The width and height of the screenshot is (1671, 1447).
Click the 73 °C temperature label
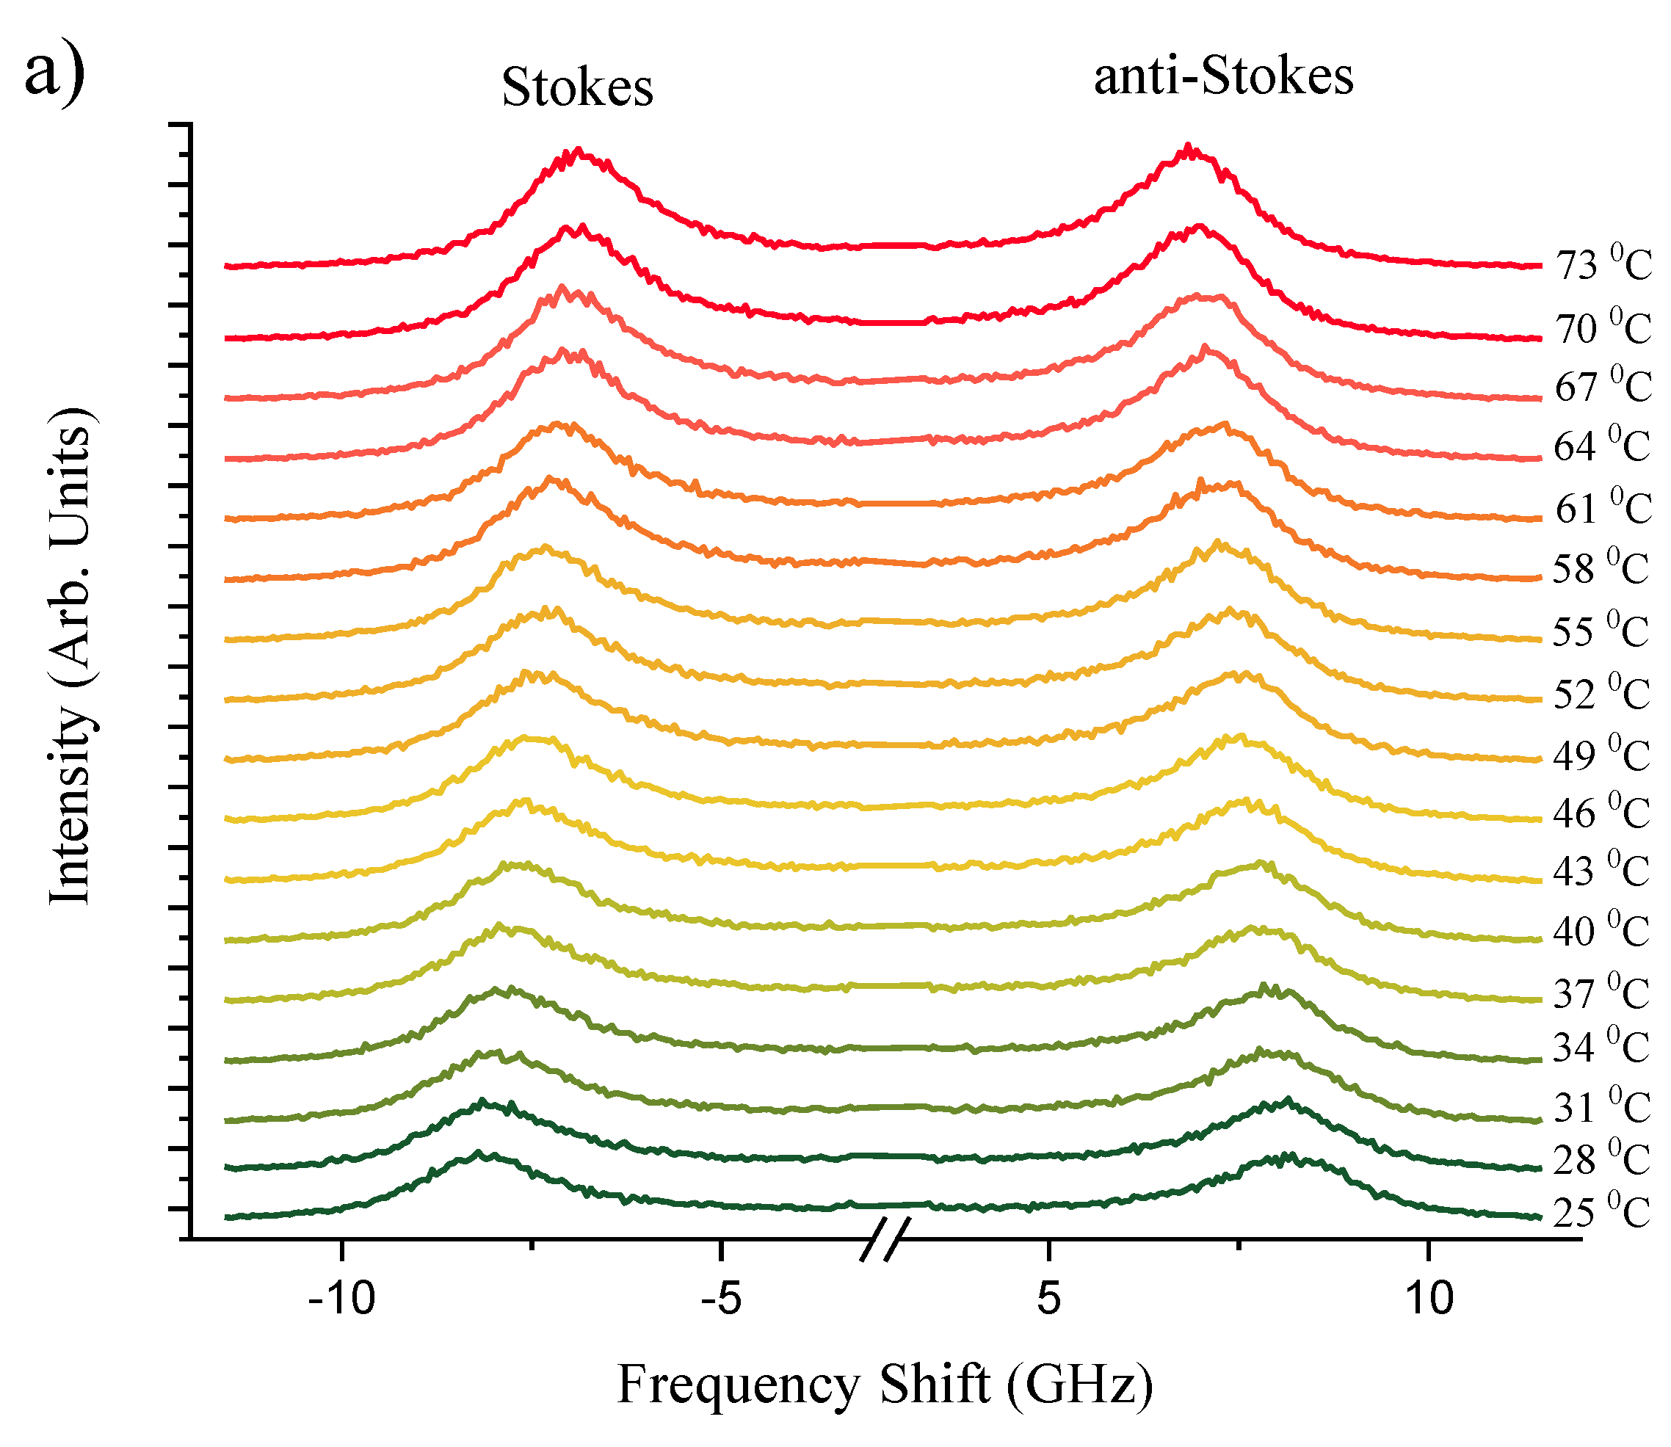pyautogui.click(x=1603, y=264)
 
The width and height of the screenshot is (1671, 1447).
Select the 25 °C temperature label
pyautogui.click(x=1601, y=1213)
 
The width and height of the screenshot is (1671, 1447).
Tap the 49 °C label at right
pyautogui.click(x=1601, y=755)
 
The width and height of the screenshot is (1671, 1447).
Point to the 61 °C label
pyautogui.click(x=1603, y=508)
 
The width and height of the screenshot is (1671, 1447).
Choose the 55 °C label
pyautogui.click(x=1601, y=631)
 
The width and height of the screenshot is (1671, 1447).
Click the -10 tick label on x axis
pyautogui.click(x=342, y=1299)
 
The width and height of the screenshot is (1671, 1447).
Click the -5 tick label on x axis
pyautogui.click(x=720, y=1299)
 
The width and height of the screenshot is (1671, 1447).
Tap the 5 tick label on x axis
pyautogui.click(x=1048, y=1299)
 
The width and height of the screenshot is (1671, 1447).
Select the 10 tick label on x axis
pyautogui.click(x=1428, y=1299)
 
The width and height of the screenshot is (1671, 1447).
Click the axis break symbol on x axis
pyautogui.click(x=885, y=1239)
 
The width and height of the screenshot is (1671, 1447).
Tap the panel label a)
pyautogui.click(x=54, y=73)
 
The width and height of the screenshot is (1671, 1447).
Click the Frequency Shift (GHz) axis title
pyautogui.click(x=885, y=1385)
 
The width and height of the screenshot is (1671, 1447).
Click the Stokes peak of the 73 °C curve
pyautogui.click(x=578, y=151)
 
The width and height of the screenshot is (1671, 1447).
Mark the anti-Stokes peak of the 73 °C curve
pyautogui.click(x=1187, y=148)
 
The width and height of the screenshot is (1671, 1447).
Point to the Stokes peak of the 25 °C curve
pyautogui.click(x=481, y=1156)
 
